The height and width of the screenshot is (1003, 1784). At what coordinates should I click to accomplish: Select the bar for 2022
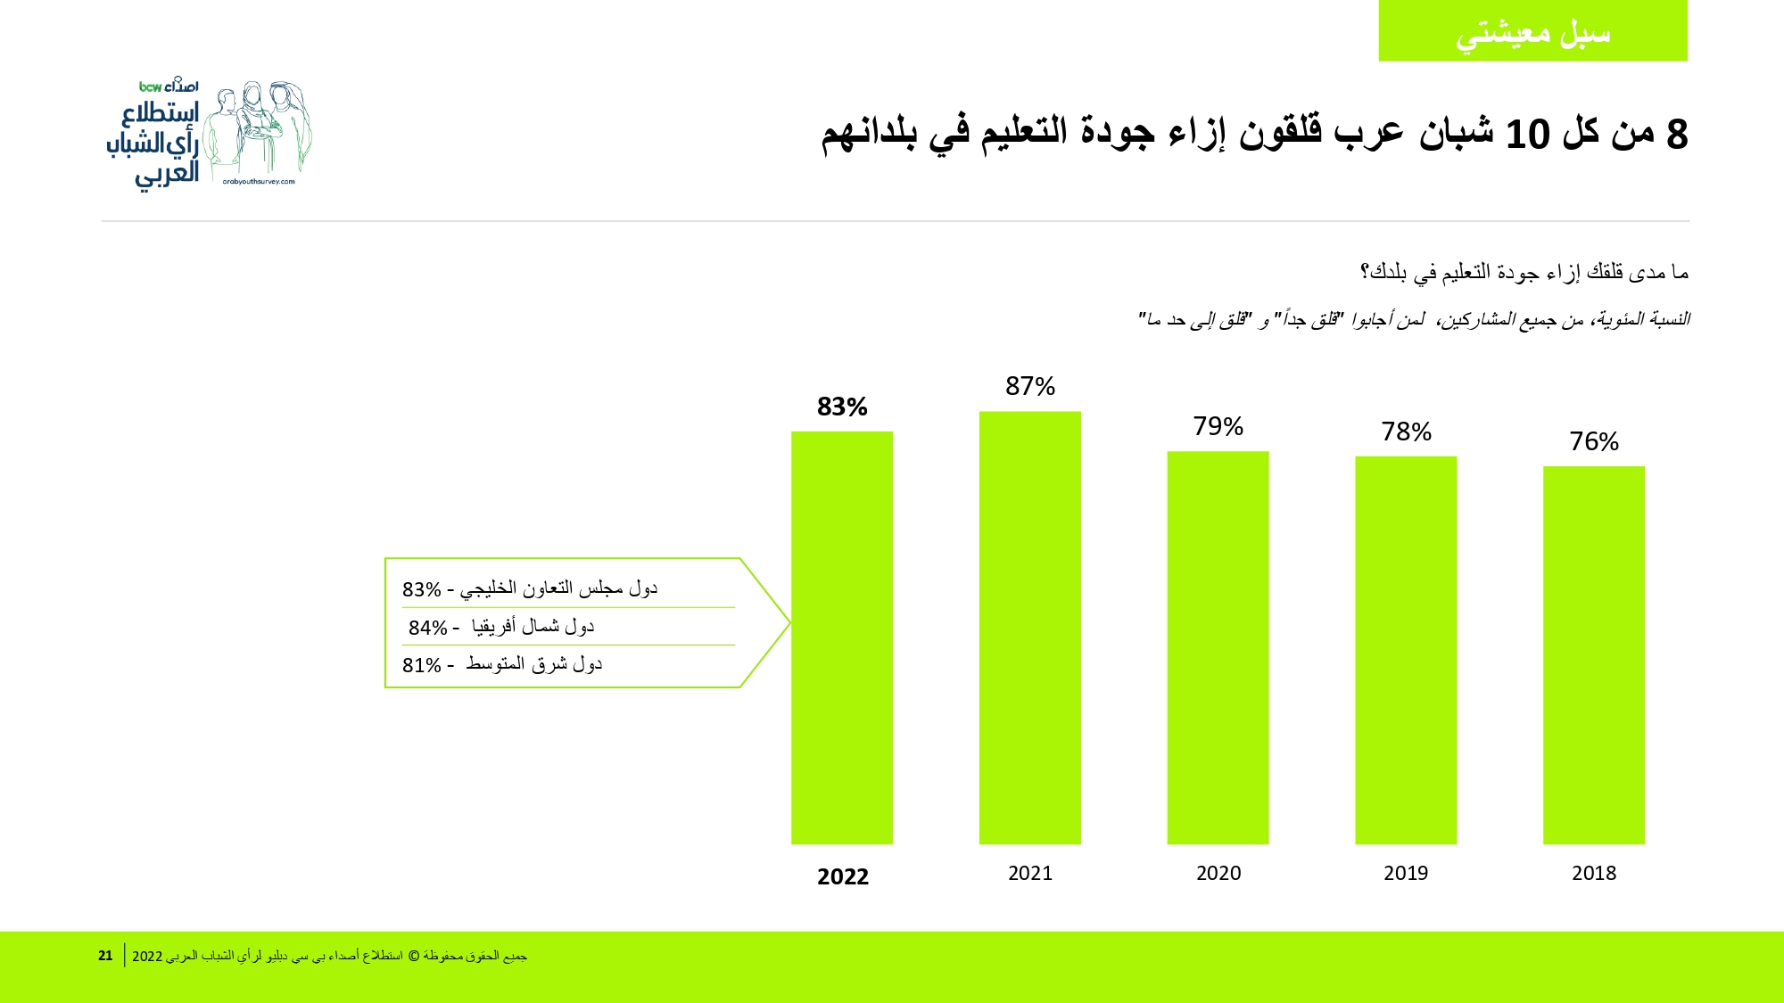(842, 637)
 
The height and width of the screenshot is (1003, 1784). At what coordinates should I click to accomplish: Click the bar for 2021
(1030, 628)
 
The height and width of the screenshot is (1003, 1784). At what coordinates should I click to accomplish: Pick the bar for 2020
(1218, 647)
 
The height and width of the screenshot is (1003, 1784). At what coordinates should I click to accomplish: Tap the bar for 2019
(1406, 650)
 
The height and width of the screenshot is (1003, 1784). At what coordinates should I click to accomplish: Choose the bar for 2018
(1594, 655)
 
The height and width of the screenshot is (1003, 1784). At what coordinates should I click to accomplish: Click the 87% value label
(1030, 386)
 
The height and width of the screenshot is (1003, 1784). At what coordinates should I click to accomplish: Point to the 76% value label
(1594, 441)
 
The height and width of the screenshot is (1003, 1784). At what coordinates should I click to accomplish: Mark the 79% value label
(1218, 426)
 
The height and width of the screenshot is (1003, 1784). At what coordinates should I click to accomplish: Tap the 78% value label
(1407, 432)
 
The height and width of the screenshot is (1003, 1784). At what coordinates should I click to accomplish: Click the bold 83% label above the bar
(842, 407)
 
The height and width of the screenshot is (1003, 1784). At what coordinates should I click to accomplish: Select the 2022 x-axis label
(843, 876)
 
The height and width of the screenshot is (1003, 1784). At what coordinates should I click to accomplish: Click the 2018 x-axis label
(1594, 873)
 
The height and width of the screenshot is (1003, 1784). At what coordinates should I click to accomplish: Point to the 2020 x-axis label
(1218, 873)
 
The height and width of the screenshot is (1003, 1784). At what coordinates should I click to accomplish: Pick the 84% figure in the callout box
(428, 628)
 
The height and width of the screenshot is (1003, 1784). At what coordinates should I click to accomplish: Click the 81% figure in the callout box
(422, 665)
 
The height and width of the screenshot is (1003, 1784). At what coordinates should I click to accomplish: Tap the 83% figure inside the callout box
(422, 589)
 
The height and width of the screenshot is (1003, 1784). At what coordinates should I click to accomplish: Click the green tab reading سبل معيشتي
(1533, 31)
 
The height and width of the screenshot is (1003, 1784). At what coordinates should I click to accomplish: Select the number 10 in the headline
(1528, 135)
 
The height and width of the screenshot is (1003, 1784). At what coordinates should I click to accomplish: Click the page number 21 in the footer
(105, 956)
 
